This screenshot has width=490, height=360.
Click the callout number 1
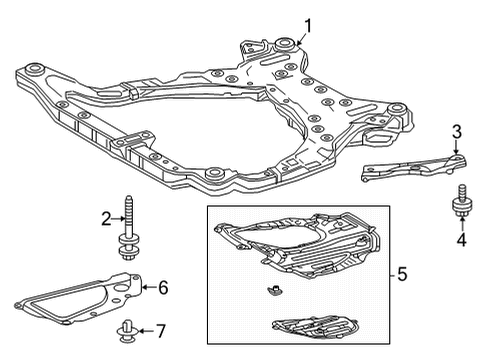click(309, 25)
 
